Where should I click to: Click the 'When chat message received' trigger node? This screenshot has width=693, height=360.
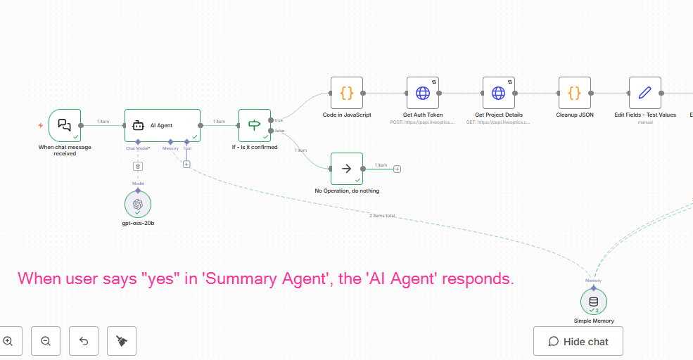coord(65,125)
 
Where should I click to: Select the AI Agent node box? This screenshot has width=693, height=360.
coord(163,125)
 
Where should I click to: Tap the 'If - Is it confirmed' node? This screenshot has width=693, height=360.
coord(254,125)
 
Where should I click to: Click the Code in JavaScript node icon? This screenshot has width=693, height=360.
coord(347,93)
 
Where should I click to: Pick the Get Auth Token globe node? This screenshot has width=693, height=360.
coord(423,93)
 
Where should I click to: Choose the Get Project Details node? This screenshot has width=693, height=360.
coord(498,93)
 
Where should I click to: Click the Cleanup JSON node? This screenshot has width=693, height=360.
coord(574,93)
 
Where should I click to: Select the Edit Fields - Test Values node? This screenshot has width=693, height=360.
coord(644,93)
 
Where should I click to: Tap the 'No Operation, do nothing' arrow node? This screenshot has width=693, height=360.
coord(347,169)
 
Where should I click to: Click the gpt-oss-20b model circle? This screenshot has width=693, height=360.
coord(138,204)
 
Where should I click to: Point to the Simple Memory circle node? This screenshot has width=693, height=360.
coord(594,302)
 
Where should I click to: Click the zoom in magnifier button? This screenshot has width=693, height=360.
coord(8,341)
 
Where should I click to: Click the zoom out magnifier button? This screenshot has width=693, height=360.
coord(46,341)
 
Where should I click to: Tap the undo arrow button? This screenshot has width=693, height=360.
coord(84,341)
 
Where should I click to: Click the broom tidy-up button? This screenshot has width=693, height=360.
coord(122,341)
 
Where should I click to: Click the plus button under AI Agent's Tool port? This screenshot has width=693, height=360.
coord(186,164)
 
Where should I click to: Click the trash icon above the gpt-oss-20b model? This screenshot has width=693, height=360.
coord(138,166)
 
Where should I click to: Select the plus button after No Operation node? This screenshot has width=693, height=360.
coord(398,169)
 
